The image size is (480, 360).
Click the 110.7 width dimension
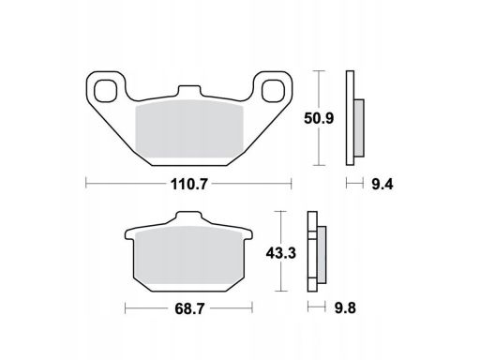(188, 185)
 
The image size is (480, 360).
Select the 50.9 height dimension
(319, 118)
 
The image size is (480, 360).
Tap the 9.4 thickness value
(382, 185)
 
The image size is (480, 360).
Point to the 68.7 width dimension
(189, 309)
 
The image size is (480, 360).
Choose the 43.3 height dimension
(280, 253)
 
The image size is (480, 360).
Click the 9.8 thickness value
(345, 308)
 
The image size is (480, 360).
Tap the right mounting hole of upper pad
(273, 91)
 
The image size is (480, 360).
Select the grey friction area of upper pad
(189, 128)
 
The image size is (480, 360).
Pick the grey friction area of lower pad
(188, 255)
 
